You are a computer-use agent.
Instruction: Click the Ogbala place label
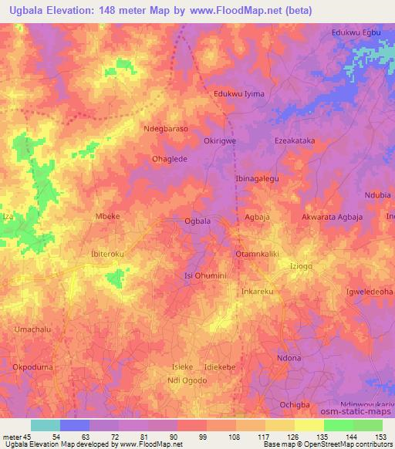[197, 221]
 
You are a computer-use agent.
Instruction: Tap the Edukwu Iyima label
[238, 93]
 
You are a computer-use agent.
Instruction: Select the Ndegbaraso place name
[166, 130]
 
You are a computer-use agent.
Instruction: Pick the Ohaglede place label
[170, 160]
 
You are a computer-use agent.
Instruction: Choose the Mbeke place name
[106, 218]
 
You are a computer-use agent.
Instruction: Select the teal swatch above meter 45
[45, 425]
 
